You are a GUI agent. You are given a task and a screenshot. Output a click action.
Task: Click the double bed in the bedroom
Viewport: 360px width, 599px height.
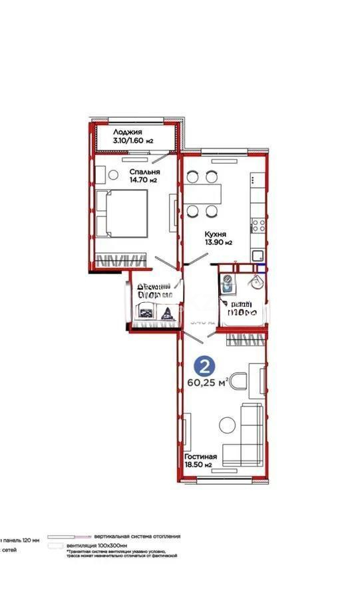point(121,212)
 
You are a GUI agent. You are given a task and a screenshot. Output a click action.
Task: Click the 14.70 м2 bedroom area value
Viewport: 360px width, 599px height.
point(143,180)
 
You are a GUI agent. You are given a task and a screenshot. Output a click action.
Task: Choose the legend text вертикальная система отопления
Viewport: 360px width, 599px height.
point(136,536)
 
